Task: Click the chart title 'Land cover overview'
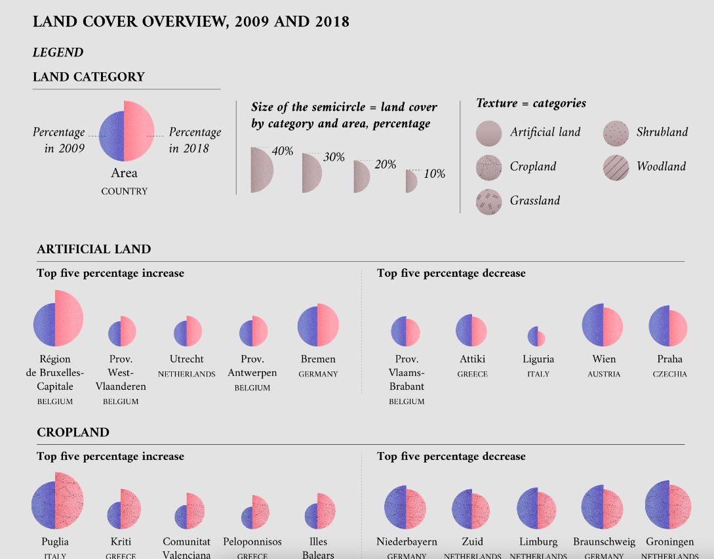191,22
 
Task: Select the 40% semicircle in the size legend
261,170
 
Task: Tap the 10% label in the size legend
434,174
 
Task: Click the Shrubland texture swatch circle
616,133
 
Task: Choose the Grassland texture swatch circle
488,201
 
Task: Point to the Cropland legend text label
532,167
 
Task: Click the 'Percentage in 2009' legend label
59,140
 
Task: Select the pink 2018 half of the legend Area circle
138,131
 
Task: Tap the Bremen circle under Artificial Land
318,325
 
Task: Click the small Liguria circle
536,337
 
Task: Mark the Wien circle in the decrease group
602,325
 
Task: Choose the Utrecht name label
187,359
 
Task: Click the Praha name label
669,359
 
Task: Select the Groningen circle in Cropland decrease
669,505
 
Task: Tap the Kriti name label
121,542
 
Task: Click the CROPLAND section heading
73,432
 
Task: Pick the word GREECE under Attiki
472,374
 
